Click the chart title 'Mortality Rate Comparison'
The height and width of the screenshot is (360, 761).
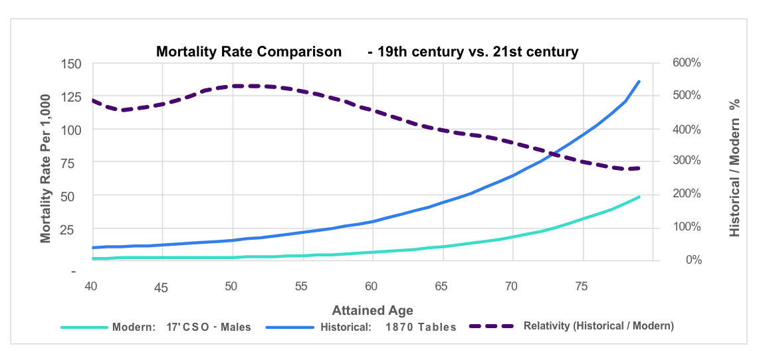coord(249,51)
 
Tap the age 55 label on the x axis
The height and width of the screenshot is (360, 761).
coord(302,286)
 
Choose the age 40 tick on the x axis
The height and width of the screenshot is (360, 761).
coord(92,286)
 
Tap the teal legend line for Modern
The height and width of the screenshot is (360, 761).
coord(84,327)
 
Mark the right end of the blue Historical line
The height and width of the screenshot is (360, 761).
coord(639,81)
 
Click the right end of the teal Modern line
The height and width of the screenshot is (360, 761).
coord(639,197)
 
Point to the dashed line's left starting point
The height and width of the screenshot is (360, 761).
coord(92,100)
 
